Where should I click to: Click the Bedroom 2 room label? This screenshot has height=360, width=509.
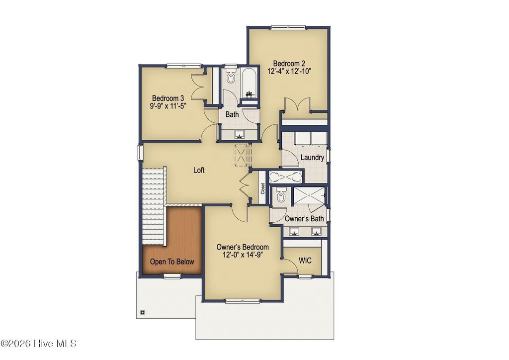[x=289, y=63]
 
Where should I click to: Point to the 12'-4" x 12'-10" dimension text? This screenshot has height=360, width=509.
[x=289, y=71]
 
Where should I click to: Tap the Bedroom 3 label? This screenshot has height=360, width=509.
[x=165, y=98]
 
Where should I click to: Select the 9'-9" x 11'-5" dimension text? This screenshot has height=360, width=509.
[x=165, y=106]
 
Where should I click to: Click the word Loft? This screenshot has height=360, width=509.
[x=199, y=170]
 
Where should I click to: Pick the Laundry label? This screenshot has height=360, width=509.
[x=313, y=158]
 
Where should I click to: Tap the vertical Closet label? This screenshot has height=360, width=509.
[x=262, y=190]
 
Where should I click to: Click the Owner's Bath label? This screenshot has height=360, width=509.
[x=304, y=218]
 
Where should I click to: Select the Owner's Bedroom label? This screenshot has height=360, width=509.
[x=243, y=247]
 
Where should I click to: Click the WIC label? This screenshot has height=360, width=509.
[x=305, y=261]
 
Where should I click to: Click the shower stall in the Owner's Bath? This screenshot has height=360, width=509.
[x=309, y=196]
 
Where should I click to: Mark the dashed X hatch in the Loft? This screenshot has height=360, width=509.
[x=242, y=154]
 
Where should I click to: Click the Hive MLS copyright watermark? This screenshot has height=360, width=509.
[x=39, y=344]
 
